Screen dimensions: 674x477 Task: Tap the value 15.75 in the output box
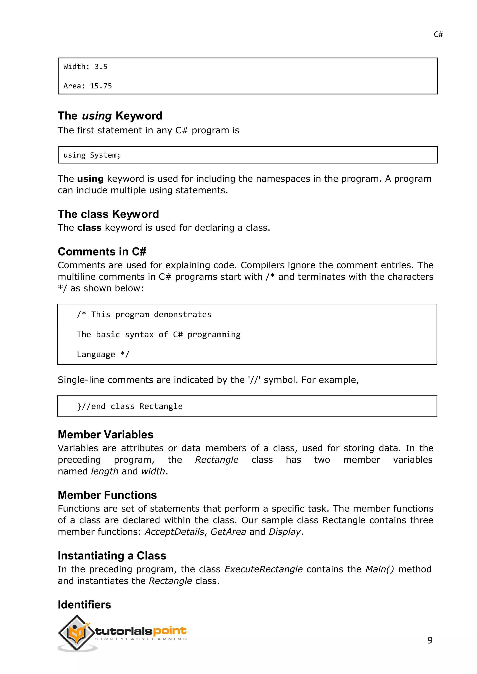click(x=101, y=86)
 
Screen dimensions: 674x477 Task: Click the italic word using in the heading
click(x=97, y=116)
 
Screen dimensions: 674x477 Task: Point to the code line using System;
click(x=92, y=155)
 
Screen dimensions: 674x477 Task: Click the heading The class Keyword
click(x=108, y=214)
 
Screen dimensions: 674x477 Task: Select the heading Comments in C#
click(x=102, y=252)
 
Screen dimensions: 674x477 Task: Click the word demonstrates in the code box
click(x=182, y=314)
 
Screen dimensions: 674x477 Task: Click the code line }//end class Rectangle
click(x=129, y=406)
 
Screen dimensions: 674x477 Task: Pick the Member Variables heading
click(x=106, y=435)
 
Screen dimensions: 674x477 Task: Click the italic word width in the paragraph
click(x=153, y=471)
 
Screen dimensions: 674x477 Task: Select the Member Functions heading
click(x=107, y=495)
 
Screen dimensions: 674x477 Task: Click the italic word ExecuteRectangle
click(x=263, y=569)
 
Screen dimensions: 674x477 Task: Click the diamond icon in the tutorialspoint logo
click(x=76, y=633)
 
